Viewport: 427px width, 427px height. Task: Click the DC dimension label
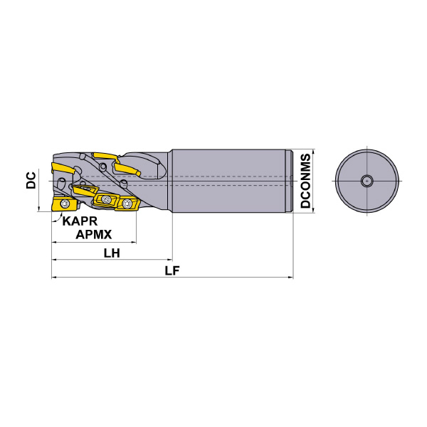click(x=31, y=180)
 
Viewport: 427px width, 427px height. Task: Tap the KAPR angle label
click(x=80, y=221)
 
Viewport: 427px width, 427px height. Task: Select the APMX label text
click(x=93, y=234)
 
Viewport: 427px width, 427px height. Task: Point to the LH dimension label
click(x=112, y=253)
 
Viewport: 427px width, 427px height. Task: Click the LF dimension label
click(x=172, y=270)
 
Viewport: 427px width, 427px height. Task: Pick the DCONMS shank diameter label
click(x=305, y=181)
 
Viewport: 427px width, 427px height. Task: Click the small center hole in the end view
click(x=367, y=181)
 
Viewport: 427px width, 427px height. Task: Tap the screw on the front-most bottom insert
click(x=65, y=203)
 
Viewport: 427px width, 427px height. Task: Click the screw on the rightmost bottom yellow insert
click(x=127, y=203)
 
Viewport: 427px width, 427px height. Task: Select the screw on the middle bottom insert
click(x=106, y=199)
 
